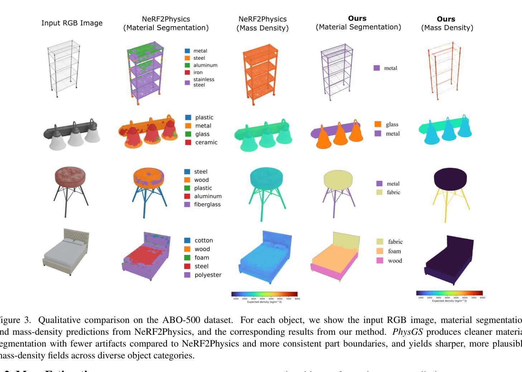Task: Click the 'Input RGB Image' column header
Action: tap(72, 23)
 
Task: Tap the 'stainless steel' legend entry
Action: tap(203, 82)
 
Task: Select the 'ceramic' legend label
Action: tap(206, 142)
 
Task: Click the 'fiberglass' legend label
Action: tap(207, 205)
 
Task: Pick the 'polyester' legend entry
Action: tap(208, 275)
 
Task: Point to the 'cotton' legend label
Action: tap(203, 241)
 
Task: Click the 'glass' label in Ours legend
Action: tap(392, 125)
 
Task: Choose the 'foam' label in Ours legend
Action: tap(394, 251)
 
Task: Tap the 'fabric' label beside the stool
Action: tap(393, 193)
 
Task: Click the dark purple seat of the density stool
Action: tap(450, 178)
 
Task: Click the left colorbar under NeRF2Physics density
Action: tap(264, 294)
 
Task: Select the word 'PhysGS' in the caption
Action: tap(407, 332)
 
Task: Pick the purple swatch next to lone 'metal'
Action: tap(377, 68)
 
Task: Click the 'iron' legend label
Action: tap(198, 72)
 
